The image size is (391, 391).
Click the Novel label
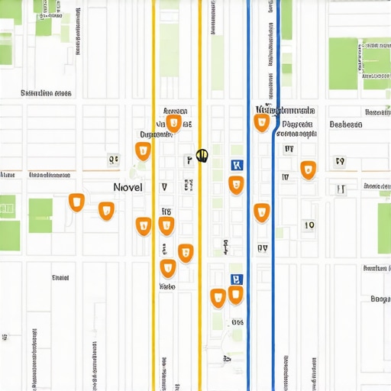tap(127, 187)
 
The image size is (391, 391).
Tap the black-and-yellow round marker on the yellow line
tap(202, 155)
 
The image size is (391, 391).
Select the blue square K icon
tap(236, 165)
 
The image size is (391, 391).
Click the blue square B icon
tap(236, 280)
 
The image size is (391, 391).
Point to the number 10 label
tap(309, 225)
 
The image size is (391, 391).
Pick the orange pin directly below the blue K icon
tap(236, 185)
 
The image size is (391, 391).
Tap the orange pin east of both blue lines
tap(308, 170)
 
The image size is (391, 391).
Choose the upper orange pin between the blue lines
tap(262, 122)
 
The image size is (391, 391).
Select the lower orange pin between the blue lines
tap(262, 212)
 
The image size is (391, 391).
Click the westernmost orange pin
tap(76, 202)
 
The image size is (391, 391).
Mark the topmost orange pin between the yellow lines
tap(174, 123)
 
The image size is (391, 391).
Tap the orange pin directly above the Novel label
tap(143, 150)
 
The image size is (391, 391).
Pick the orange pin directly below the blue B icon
tap(236, 296)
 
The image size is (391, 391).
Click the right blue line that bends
tap(274, 229)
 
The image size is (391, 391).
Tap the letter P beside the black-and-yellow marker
tap(188, 160)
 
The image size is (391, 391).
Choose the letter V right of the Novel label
tap(163, 187)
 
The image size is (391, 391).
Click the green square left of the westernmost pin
tap(40, 215)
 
